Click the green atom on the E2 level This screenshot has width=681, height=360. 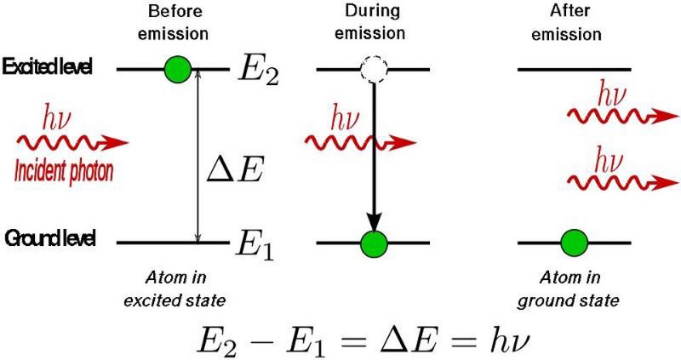178,68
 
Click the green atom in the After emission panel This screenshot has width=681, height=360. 574,243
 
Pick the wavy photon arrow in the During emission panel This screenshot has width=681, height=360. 362,142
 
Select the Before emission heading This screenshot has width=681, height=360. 177,24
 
